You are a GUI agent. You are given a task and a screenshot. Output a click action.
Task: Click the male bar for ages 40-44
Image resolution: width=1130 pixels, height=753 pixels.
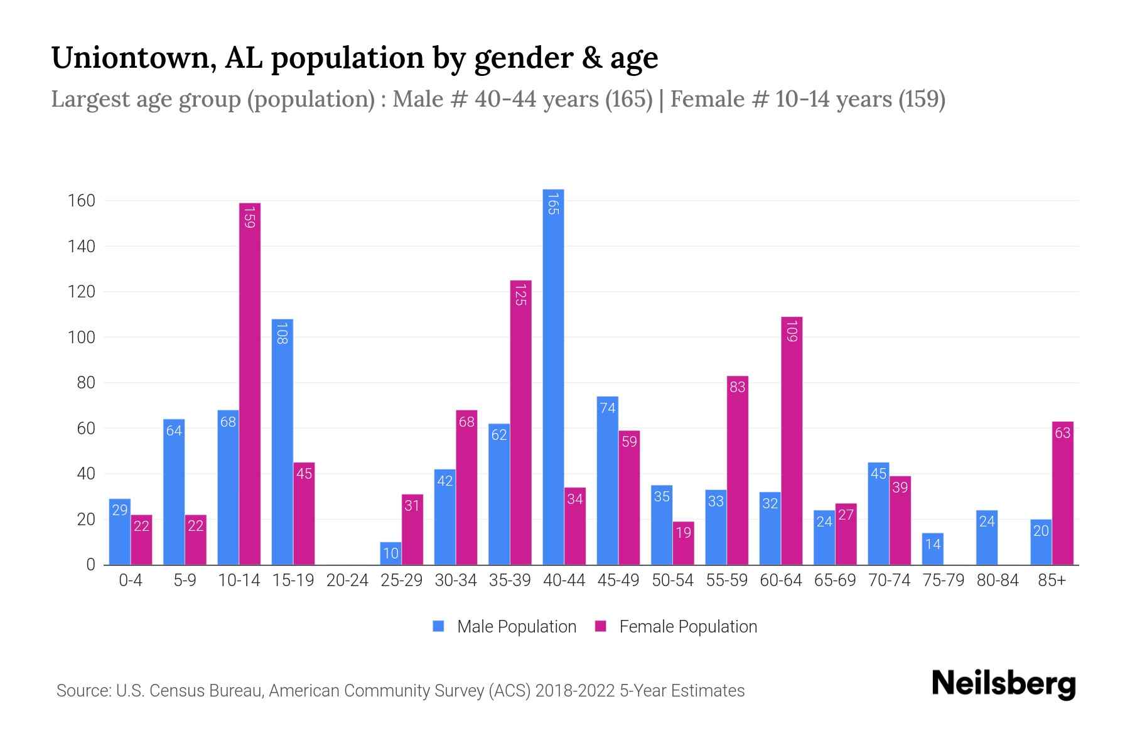pos(553,376)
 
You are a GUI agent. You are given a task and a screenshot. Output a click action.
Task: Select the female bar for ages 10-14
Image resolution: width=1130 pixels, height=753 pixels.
pos(250,383)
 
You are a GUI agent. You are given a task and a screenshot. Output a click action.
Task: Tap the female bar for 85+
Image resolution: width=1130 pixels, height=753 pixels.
pos(1063,493)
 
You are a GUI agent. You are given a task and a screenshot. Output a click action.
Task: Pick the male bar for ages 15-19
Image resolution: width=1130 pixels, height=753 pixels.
pos(282,442)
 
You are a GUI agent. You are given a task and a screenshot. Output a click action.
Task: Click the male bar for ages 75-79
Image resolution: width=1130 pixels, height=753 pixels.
pos(933,549)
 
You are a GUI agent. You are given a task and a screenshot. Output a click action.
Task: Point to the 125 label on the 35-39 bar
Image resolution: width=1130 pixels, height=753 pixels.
pos(520,294)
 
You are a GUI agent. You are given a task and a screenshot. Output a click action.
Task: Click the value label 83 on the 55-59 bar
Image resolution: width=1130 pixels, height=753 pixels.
pos(738,387)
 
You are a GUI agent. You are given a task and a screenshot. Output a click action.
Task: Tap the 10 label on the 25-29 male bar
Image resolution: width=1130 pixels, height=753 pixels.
pos(390,553)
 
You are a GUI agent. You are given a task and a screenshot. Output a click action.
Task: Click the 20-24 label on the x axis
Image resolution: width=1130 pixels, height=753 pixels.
pos(347,580)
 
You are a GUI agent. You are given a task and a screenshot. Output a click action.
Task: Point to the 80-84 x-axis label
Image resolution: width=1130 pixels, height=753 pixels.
pos(998,580)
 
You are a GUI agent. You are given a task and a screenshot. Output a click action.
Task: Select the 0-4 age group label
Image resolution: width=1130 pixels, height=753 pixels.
pos(131,580)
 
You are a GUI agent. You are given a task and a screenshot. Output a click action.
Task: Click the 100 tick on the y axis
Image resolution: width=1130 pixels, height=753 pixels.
pos(81,338)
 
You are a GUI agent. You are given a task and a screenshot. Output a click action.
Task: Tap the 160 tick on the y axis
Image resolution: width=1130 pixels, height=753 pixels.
pos(81,201)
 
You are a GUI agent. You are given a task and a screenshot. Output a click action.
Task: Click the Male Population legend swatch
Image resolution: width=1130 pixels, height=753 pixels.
pos(439,626)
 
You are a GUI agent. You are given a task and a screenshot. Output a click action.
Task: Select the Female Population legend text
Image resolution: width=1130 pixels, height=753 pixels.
pos(688,626)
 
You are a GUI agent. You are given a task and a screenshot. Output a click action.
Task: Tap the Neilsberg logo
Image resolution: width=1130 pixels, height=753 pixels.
pos(1004,684)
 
